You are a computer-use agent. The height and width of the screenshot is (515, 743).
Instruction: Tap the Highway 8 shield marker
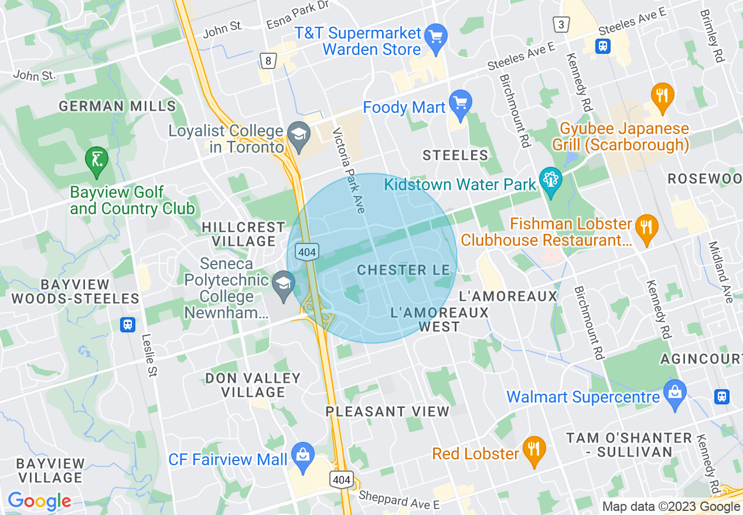(268, 60)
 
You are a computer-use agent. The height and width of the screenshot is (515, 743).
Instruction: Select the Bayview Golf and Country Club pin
(97, 160)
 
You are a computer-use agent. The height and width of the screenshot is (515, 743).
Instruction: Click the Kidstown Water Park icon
(550, 181)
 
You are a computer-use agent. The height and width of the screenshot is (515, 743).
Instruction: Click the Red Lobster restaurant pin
(534, 449)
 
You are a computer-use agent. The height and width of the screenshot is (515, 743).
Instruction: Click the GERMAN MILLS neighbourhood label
(117, 106)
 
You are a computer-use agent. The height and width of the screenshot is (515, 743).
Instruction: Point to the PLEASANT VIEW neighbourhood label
(387, 411)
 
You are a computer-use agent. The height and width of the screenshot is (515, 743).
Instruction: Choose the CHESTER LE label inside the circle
(403, 270)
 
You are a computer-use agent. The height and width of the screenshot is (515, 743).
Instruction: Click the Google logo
(39, 501)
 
